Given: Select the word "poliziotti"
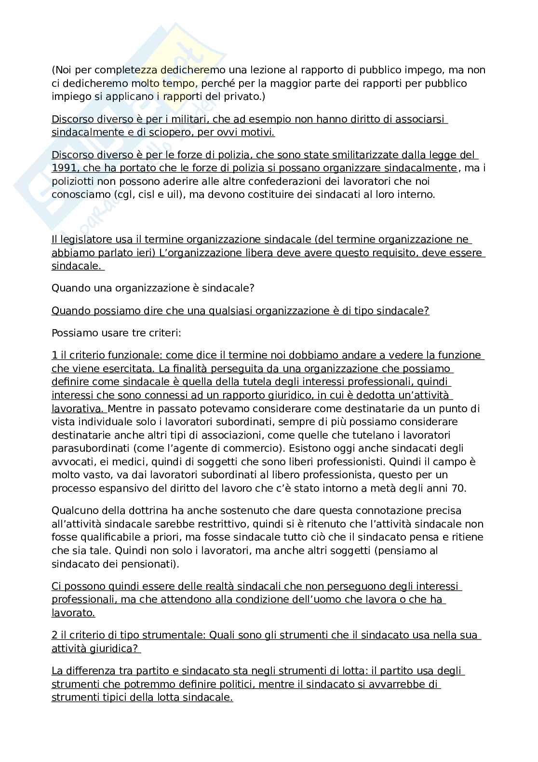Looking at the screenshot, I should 75,181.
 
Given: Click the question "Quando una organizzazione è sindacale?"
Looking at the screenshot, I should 153,288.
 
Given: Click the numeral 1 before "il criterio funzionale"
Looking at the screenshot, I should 54,355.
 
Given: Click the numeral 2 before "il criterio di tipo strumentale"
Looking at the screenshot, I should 54,635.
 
